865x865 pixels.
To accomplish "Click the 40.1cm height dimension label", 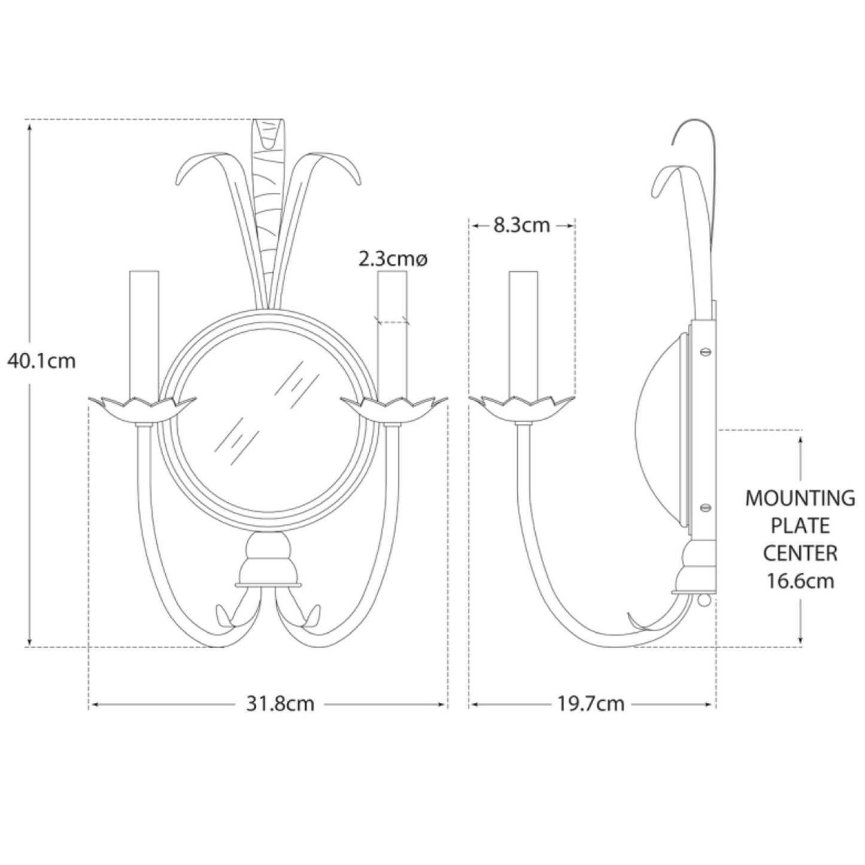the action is point(41,361).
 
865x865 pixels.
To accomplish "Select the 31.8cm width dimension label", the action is point(280,704).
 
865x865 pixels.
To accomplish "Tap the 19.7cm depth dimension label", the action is point(590,704).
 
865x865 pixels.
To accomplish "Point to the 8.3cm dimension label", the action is point(521,225).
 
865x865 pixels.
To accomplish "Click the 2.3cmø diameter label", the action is point(393,259).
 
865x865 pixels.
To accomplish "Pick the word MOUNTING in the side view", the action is point(800,499).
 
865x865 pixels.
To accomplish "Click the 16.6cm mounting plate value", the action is point(800,581).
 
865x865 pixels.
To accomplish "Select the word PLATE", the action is point(800,526).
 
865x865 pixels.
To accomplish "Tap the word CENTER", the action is point(800,554).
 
